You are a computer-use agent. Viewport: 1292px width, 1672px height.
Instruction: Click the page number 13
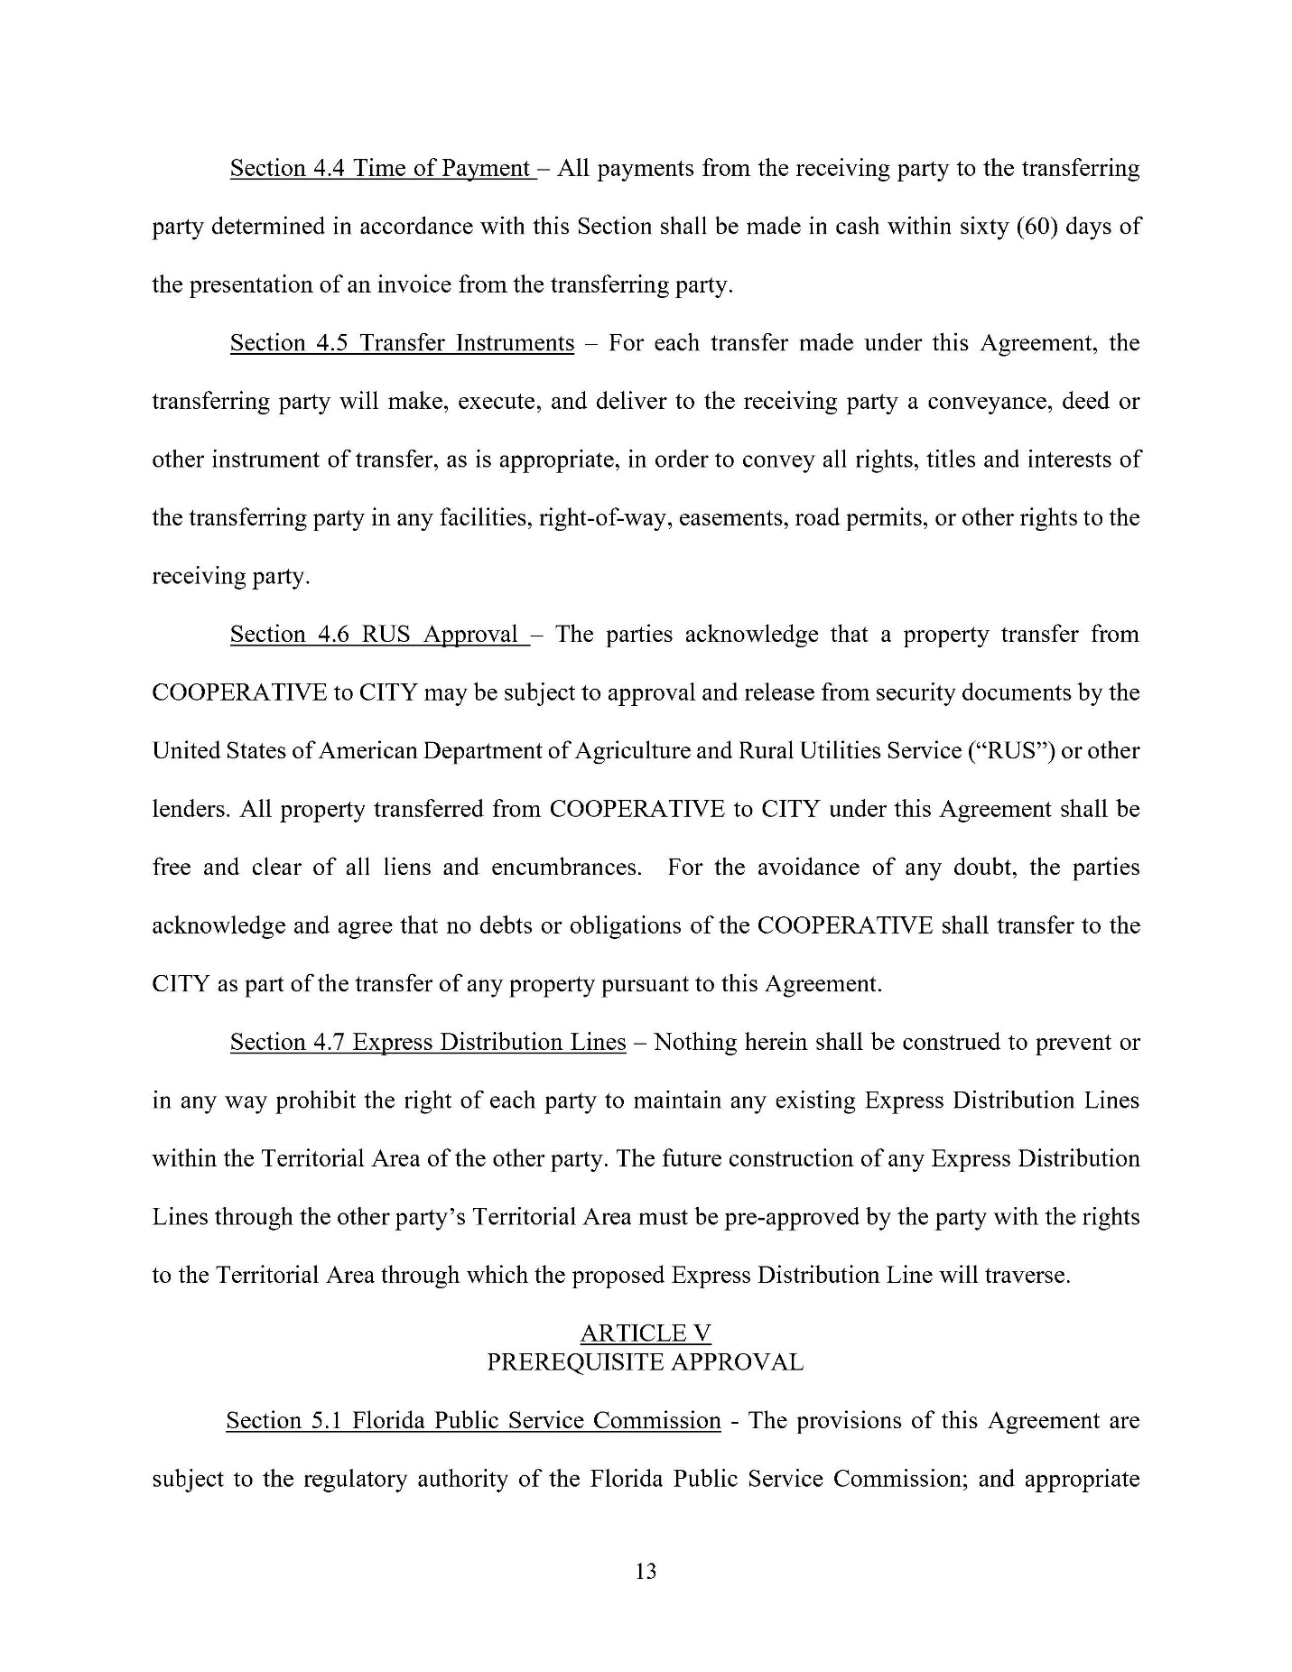(646, 1572)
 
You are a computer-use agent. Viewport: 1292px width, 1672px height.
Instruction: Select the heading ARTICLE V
(646, 1333)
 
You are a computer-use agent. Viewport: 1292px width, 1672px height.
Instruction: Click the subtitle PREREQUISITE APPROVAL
(646, 1362)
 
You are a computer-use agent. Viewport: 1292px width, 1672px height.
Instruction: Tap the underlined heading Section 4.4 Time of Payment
(382, 169)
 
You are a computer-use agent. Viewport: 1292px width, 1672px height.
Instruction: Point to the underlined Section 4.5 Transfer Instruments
(402, 343)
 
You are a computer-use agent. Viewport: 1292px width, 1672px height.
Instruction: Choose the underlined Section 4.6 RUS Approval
(377, 635)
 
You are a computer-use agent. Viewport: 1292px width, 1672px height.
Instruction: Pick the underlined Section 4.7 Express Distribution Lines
(428, 1043)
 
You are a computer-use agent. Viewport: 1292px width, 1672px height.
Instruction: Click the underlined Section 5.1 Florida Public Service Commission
(473, 1421)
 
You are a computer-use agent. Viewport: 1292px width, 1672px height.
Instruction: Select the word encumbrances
(566, 868)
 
